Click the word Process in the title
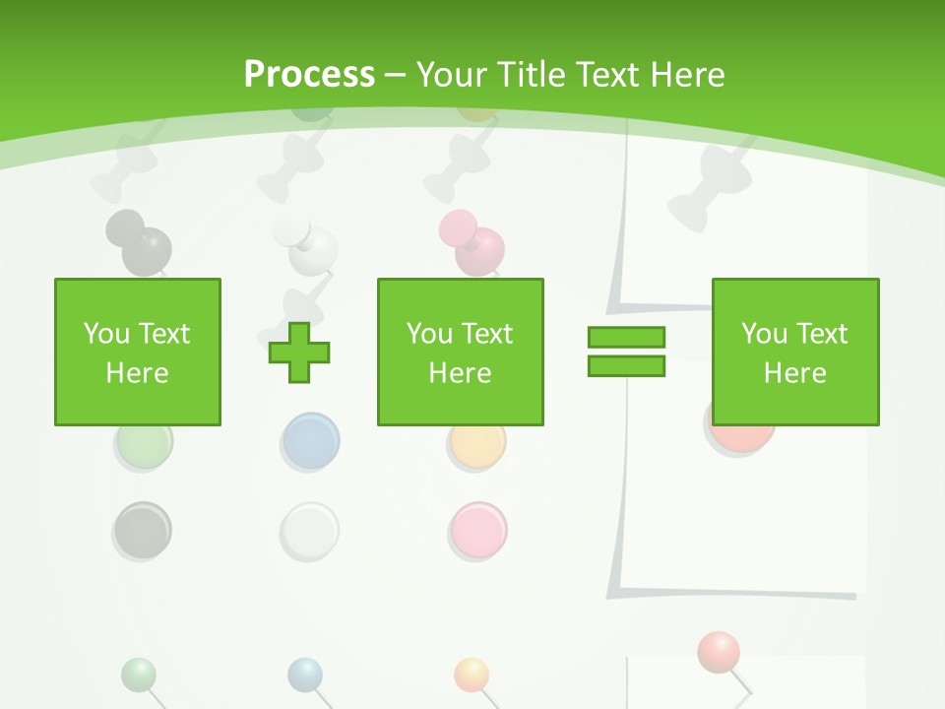309,75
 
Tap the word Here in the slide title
686,75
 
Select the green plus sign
299,352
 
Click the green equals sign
627,352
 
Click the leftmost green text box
138,352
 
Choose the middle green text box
461,352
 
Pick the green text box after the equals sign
795,352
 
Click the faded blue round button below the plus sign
310,442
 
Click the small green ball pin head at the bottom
139,675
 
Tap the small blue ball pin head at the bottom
305,675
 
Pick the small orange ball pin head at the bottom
472,675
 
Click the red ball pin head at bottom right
719,651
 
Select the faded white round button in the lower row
309,531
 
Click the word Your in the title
453,75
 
